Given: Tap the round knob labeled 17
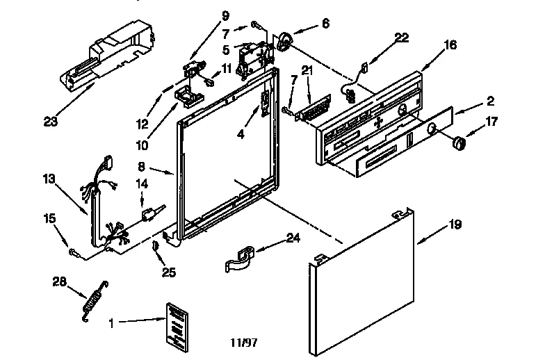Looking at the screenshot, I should [457, 143].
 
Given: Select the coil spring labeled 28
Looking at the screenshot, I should [92, 300].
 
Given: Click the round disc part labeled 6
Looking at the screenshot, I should [284, 42].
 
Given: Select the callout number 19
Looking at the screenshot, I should [454, 225].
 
